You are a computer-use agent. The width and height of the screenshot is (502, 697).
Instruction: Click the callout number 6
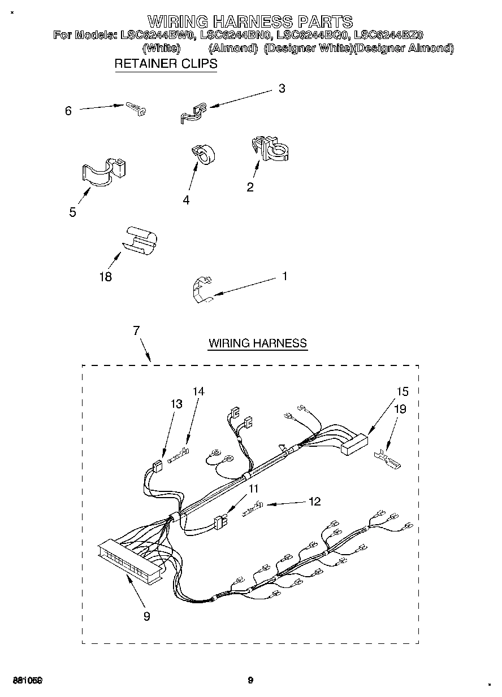tap(68, 111)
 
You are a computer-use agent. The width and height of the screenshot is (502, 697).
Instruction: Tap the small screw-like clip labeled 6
tap(136, 108)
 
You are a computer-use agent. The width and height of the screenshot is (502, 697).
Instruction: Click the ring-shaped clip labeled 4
tap(204, 154)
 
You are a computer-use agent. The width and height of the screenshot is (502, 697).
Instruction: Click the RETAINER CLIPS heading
tap(166, 64)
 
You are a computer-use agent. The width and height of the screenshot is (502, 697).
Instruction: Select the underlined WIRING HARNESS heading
tap(258, 343)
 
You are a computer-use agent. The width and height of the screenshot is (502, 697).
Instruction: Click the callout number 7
tap(136, 331)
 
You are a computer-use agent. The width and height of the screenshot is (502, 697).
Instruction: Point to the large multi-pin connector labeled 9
tap(129, 560)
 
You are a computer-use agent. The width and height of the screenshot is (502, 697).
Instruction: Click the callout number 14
tap(198, 391)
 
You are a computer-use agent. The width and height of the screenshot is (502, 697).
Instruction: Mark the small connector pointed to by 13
tap(157, 467)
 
